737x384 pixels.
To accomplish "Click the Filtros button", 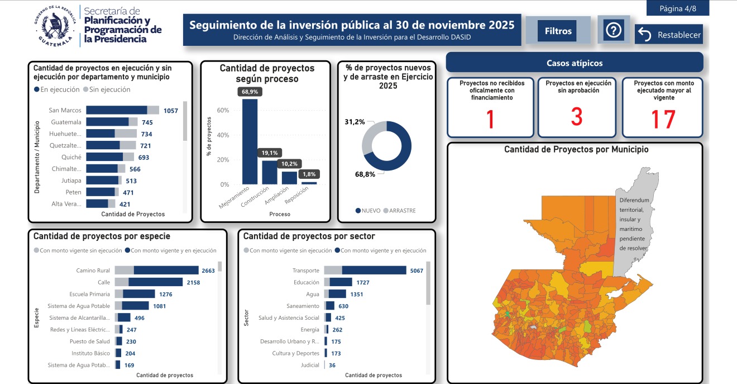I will pyautogui.click(x=558, y=31).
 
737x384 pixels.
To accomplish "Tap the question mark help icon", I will pyautogui.click(x=614, y=30).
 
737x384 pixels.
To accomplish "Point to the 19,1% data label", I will pyautogui.click(x=270, y=153).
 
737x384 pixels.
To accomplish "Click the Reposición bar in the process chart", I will pyautogui.click(x=309, y=183).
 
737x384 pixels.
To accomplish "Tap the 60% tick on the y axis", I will pyautogui.click(x=223, y=110).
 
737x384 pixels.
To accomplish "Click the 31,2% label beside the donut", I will pyautogui.click(x=355, y=122).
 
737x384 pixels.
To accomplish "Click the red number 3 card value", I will pyautogui.click(x=577, y=117).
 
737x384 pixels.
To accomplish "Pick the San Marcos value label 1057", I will pyautogui.click(x=170, y=111).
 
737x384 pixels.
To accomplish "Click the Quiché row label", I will pyautogui.click(x=71, y=157).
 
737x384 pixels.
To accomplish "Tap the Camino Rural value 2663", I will pyautogui.click(x=208, y=271).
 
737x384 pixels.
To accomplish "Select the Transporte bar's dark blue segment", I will pyautogui.click(x=374, y=271).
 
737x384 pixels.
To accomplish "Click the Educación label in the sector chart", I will pyautogui.click(x=306, y=283).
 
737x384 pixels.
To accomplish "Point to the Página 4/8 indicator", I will pyautogui.click(x=678, y=8).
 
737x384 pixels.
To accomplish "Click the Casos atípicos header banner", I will pyautogui.click(x=575, y=63).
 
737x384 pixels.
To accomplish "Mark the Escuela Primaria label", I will pyautogui.click(x=89, y=294).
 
